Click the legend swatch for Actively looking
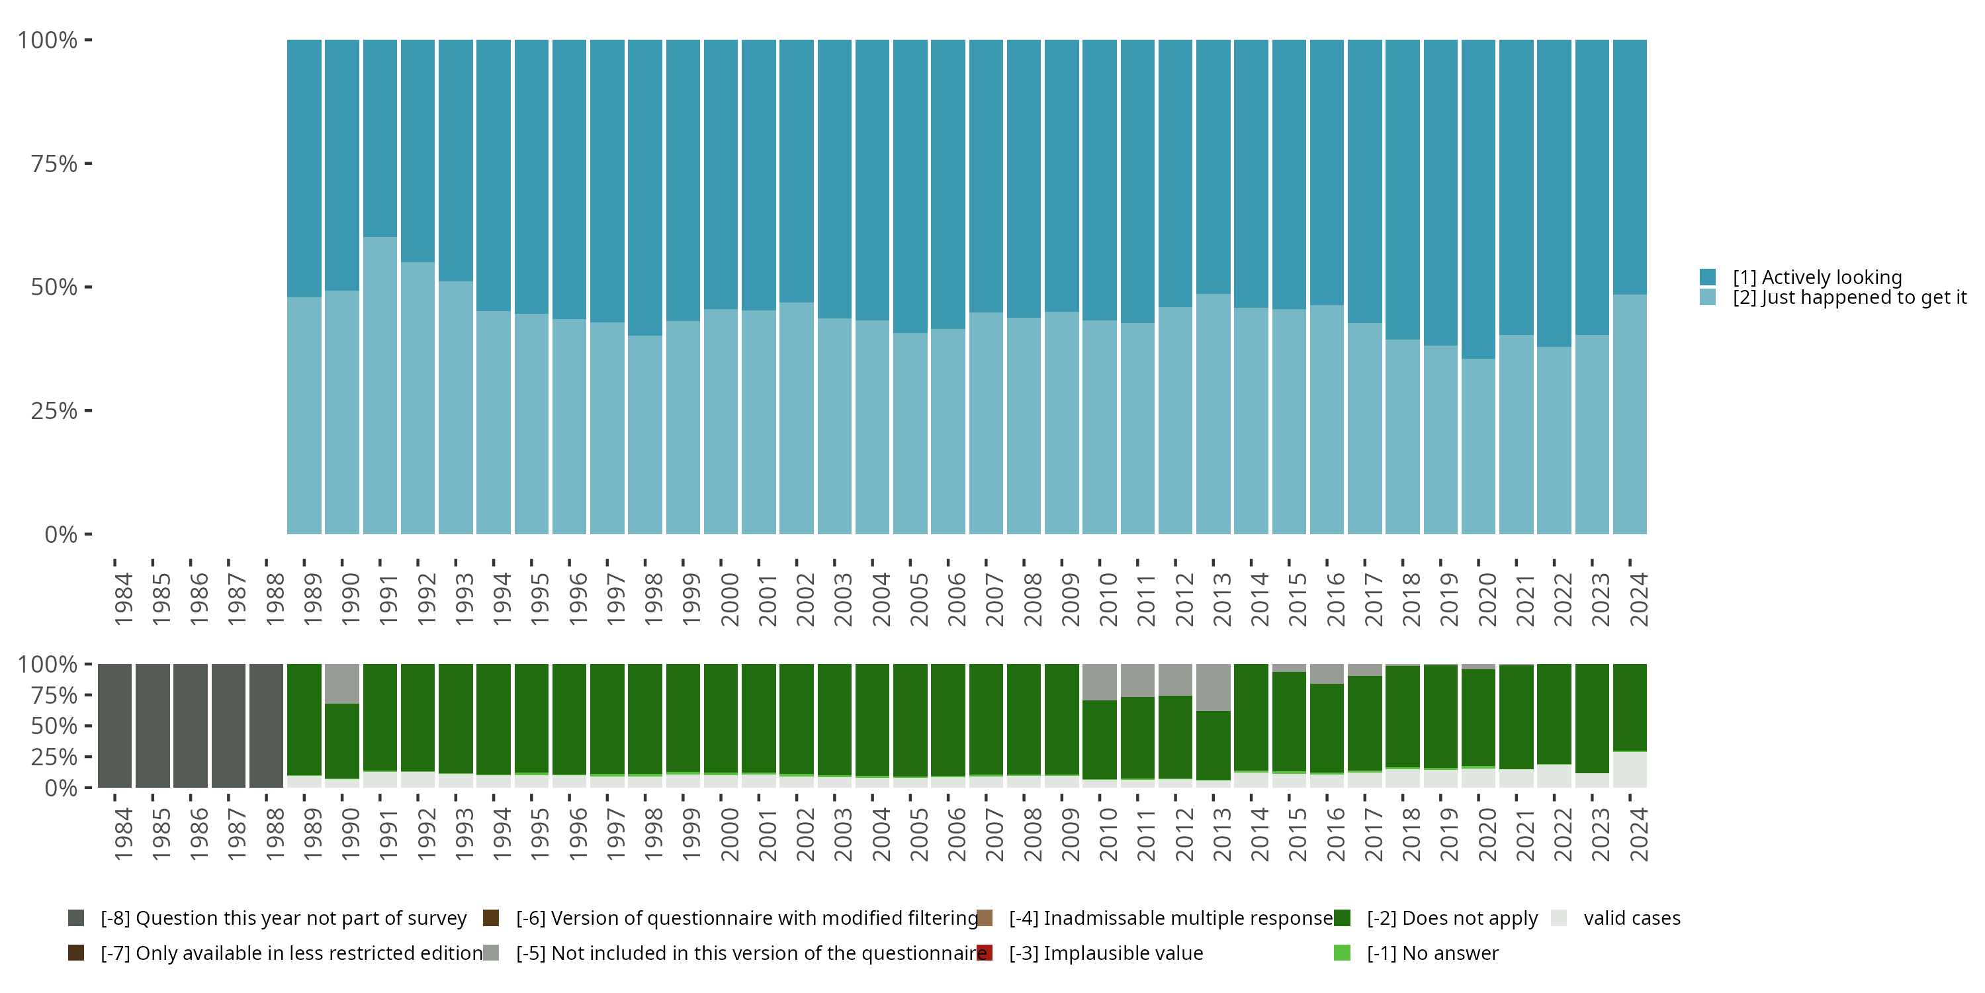tap(1708, 277)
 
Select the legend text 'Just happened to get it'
tap(1849, 298)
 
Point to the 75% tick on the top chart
tap(88, 164)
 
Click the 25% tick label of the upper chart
tap(54, 411)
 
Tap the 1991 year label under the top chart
tap(388, 599)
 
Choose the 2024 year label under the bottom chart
tap(1638, 834)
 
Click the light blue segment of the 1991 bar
tap(380, 385)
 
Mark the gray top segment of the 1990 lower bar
tap(341, 683)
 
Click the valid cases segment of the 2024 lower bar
tap(1629, 769)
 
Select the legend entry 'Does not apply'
tap(1452, 918)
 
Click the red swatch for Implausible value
tap(985, 953)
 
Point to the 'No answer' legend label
tap(1433, 953)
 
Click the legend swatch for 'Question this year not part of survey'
tap(76, 918)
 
